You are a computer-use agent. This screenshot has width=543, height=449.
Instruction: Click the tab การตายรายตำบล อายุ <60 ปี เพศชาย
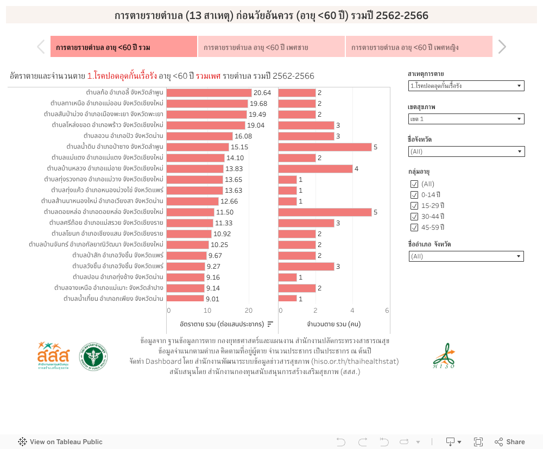click(271, 47)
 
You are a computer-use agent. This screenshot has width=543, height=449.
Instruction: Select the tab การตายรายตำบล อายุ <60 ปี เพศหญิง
click(419, 47)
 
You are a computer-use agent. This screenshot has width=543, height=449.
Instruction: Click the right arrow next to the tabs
click(502, 47)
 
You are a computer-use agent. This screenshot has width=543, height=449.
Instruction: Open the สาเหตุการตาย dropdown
click(466, 86)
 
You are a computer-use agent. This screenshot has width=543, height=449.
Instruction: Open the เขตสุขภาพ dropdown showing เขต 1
click(466, 119)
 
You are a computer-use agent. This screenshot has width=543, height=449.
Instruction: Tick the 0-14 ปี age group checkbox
click(415, 195)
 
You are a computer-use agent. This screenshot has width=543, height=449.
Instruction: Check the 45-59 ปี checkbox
click(415, 227)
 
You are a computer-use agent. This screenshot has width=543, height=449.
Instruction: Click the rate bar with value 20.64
click(209, 93)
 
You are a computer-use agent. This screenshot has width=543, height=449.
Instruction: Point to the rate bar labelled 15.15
click(198, 147)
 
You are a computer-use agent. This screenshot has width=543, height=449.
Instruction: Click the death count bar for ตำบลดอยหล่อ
click(325, 212)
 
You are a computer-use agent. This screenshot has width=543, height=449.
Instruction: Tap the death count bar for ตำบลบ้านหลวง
click(315, 169)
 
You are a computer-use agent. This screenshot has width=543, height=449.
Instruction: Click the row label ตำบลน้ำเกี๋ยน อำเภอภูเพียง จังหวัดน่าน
click(113, 299)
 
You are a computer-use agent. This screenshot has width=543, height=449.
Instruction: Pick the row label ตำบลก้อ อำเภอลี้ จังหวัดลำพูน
click(125, 93)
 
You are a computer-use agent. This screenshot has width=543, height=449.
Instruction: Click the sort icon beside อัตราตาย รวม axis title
click(270, 324)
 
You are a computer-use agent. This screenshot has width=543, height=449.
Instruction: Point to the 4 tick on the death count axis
click(352, 311)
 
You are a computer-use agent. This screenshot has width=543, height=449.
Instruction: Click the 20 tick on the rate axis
click(249, 311)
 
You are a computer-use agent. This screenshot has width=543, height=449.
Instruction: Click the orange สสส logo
click(53, 356)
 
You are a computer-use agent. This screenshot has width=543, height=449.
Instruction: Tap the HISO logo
click(445, 356)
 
